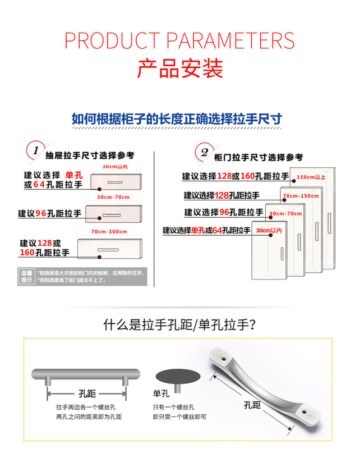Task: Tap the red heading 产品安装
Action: coord(180,68)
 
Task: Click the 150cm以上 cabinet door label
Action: coord(311,177)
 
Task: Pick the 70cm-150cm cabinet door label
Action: coord(301,196)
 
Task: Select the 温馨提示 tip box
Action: coord(27,276)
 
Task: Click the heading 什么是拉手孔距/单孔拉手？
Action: coord(180,325)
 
